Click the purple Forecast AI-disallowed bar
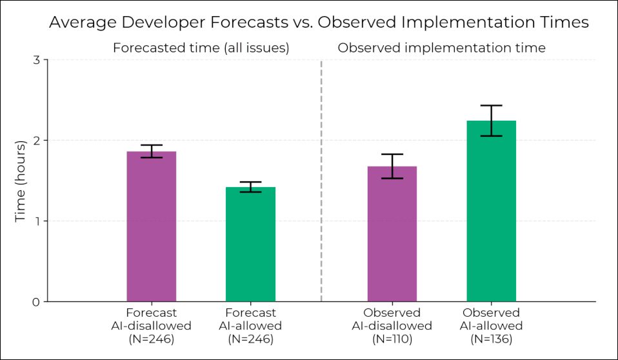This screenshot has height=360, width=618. point(152,226)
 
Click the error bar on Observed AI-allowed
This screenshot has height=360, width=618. point(491,120)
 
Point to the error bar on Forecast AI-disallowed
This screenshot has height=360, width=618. point(152,151)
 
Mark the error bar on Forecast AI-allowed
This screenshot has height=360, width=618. point(250,186)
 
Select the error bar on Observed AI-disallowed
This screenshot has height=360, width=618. point(392,166)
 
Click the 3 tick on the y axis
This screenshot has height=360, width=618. point(36,60)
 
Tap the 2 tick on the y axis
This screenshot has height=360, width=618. point(36,141)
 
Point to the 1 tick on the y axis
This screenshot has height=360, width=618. point(36,221)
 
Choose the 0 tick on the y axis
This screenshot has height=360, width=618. point(36,302)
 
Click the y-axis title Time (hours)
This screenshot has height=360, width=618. point(21,181)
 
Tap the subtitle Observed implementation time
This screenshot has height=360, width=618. point(442,48)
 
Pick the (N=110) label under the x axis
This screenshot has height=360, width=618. point(392,339)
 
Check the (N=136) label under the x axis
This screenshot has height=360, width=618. point(491,339)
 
